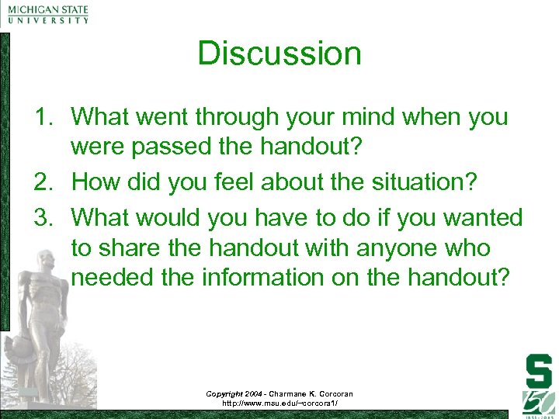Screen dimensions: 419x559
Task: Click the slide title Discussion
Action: (x=279, y=54)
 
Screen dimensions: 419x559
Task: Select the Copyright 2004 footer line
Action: (x=279, y=393)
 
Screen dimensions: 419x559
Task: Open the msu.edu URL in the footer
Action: (x=279, y=403)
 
